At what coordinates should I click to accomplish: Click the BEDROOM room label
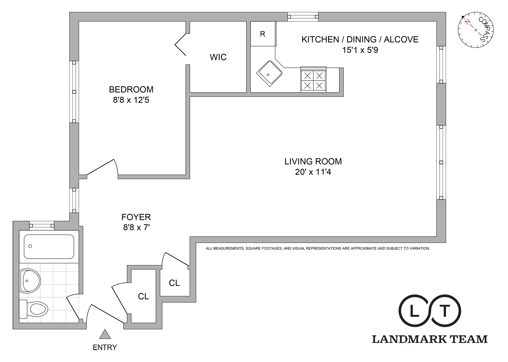[x=131, y=89]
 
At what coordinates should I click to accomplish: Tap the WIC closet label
[x=218, y=57]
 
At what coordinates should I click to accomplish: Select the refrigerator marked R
[x=262, y=34]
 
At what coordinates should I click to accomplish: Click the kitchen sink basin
[x=269, y=74]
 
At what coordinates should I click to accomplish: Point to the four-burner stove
[x=313, y=80]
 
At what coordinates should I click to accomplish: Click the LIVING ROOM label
[x=313, y=161]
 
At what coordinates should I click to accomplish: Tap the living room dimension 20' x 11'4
[x=313, y=172]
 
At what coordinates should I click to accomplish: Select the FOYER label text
[x=136, y=217]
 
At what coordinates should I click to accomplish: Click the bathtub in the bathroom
[x=49, y=246]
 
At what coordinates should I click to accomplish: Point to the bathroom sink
[x=29, y=281]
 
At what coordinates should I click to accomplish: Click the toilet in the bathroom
[x=34, y=309]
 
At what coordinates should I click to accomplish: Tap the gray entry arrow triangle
[x=105, y=335]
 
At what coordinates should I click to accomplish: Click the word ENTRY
[x=105, y=347]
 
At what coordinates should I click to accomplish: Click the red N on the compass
[x=468, y=22]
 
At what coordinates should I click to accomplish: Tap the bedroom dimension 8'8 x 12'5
[x=131, y=100]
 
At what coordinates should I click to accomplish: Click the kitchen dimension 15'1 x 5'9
[x=360, y=50]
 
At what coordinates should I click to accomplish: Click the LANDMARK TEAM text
[x=430, y=339]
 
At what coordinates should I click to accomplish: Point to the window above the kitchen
[x=303, y=17]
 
